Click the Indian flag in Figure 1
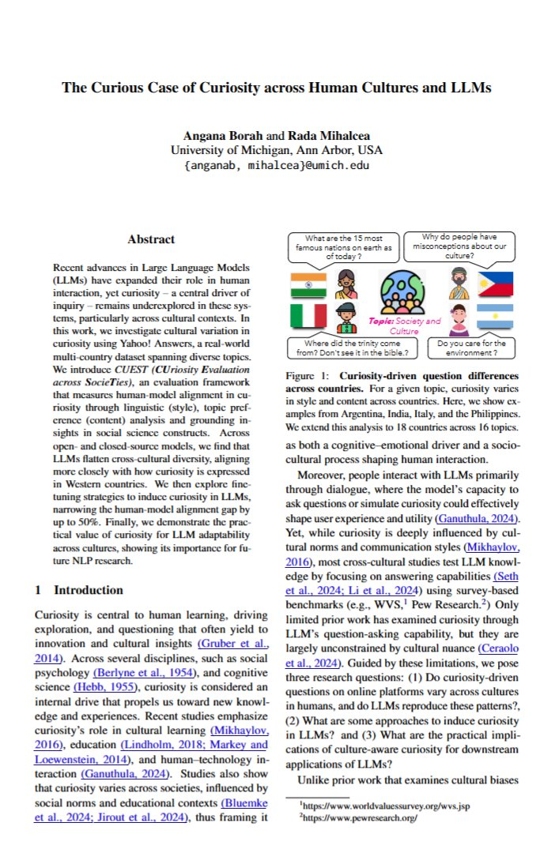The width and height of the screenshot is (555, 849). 303,284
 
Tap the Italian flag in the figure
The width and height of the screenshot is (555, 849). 303,317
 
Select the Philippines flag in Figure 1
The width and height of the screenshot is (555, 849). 496,284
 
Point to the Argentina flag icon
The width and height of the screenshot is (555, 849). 496,317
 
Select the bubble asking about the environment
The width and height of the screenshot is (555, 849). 472,348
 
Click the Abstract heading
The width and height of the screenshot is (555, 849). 151,239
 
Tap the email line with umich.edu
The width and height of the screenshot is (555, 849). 277,165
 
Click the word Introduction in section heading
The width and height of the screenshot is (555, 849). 89,590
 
